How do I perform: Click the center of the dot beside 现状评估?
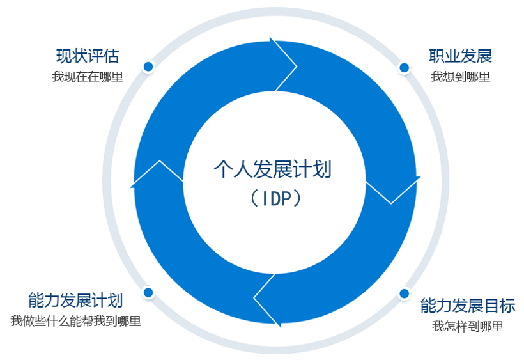point(148,67)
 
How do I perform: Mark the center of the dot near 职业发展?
point(404,68)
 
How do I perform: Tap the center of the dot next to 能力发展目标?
point(404,293)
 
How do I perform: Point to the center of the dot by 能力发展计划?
point(148,292)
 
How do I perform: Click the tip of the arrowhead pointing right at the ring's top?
point(297,67)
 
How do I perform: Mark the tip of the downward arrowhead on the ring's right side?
point(391,203)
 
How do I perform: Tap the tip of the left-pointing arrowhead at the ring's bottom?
point(254,297)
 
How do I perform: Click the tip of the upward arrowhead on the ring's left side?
point(159,160)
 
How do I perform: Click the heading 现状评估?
point(88,56)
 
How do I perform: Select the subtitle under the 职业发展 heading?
point(461,77)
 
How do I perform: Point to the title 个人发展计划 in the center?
point(273,169)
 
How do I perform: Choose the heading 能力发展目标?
point(468,306)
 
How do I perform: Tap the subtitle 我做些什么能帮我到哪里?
point(76,321)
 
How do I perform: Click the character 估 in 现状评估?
point(111,56)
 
